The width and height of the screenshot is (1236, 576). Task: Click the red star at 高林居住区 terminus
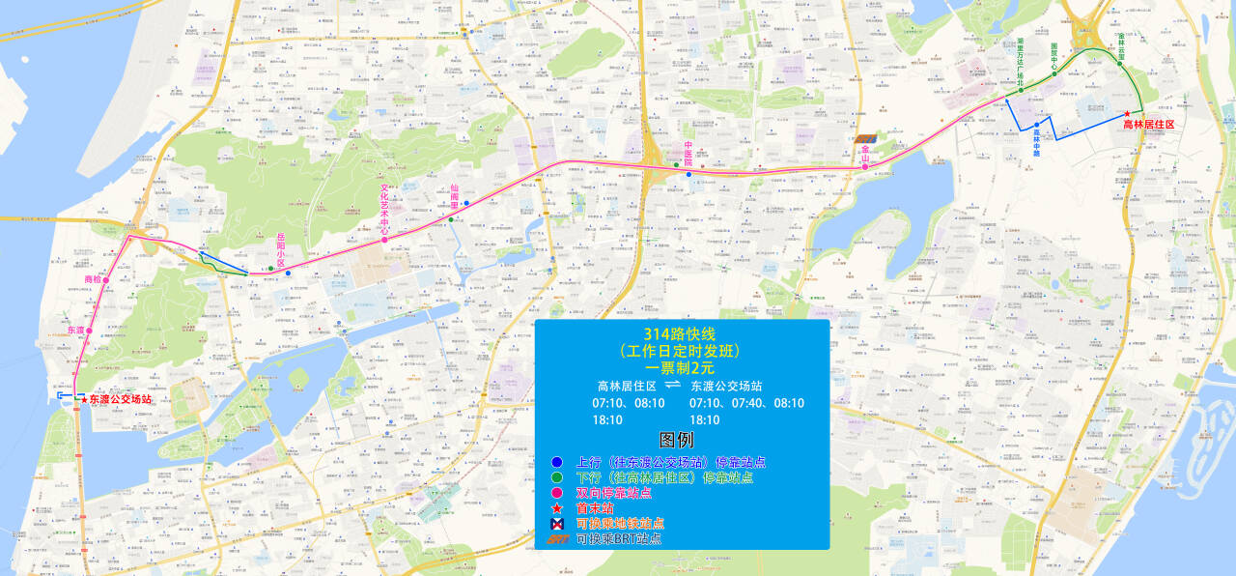tap(1127, 115)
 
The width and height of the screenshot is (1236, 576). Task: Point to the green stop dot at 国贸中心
tap(1054, 75)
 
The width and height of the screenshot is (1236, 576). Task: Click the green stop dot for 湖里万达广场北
tap(1021, 90)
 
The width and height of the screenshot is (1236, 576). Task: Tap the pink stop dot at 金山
tap(865, 167)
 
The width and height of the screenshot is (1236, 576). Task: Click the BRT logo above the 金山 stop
tap(866, 139)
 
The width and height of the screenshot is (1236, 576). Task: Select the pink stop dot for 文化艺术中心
tap(384, 240)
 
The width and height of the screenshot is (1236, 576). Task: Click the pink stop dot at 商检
tap(106, 280)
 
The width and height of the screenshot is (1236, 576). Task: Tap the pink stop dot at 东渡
tap(89, 331)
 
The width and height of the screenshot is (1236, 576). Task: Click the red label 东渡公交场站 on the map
tap(121, 399)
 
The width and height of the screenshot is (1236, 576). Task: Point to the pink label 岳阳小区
tap(281, 249)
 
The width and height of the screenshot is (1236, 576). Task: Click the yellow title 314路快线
tap(681, 334)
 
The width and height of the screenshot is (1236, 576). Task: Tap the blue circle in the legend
tap(556, 462)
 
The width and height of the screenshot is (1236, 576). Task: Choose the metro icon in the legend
tap(556, 523)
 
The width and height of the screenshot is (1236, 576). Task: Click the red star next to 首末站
tap(556, 508)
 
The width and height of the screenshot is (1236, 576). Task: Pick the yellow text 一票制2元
tap(681, 367)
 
